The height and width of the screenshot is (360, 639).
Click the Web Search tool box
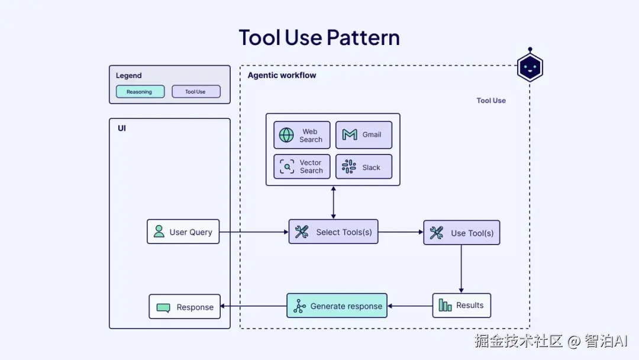tap(302, 135)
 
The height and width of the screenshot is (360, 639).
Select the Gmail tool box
tap(364, 135)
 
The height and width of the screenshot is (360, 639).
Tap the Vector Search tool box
tap(302, 166)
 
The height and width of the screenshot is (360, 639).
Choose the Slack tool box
tap(364, 167)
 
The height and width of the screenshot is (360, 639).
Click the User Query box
tap(183, 232)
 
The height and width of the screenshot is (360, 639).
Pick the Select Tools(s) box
tap(333, 232)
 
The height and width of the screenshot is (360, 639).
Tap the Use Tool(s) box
tap(461, 233)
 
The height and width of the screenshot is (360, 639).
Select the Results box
tap(461, 306)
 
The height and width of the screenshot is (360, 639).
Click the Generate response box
tap(337, 306)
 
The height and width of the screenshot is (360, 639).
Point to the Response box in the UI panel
tap(185, 307)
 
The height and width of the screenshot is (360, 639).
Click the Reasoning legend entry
tap(140, 92)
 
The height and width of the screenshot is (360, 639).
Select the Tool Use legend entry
tap(196, 92)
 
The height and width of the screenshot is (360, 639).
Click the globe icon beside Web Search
tap(286, 135)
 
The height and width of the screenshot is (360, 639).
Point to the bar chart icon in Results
tap(445, 306)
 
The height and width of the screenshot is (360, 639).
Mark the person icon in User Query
tap(159, 232)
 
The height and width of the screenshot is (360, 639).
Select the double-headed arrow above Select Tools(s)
tap(333, 202)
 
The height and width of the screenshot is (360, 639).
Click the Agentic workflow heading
tap(282, 75)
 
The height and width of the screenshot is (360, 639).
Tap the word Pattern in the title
tap(363, 37)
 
